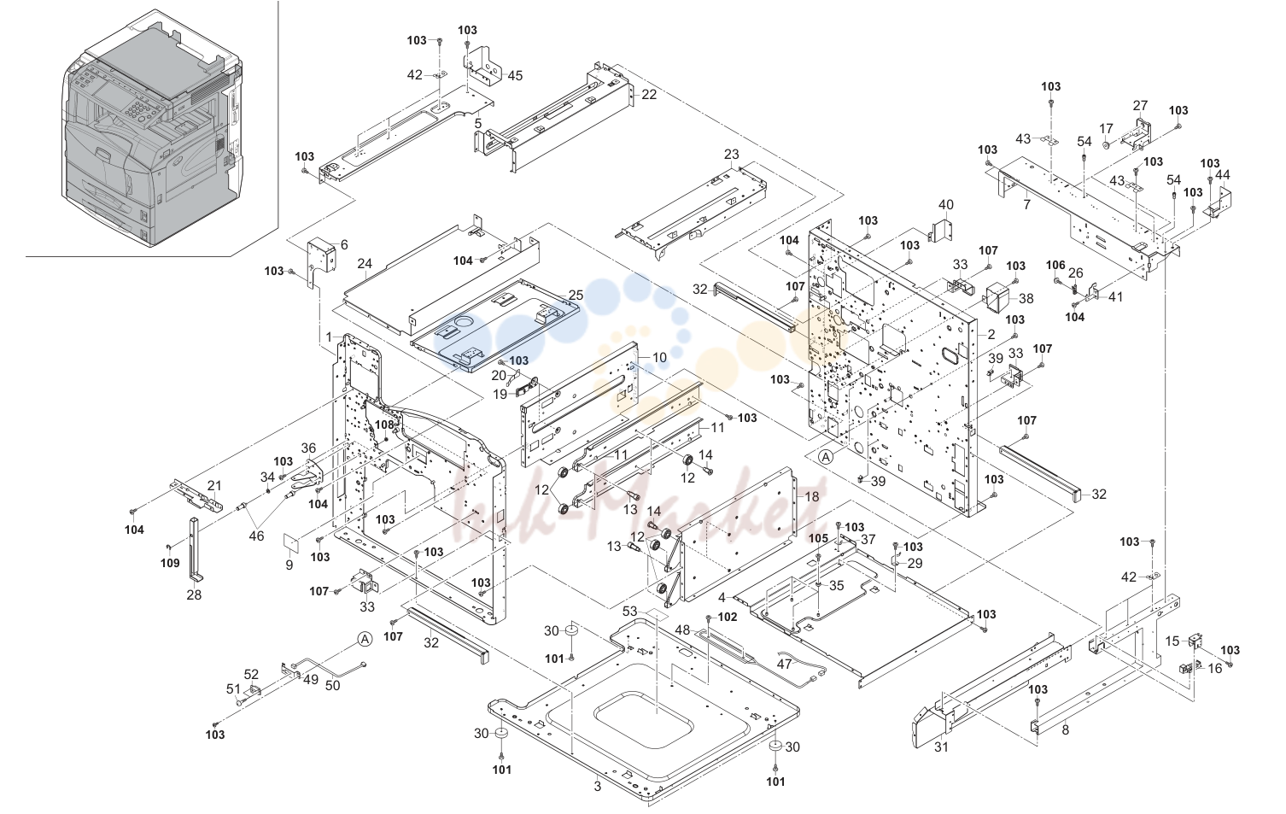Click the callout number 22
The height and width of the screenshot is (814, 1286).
click(x=649, y=94)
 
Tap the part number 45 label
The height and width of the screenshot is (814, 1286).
click(x=515, y=76)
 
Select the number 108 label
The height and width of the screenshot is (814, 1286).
click(x=384, y=425)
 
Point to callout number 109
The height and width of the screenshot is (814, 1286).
click(x=170, y=563)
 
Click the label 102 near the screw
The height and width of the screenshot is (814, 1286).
click(x=728, y=617)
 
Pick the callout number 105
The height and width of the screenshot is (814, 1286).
click(x=819, y=538)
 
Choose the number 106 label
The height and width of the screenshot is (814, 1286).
click(x=1055, y=265)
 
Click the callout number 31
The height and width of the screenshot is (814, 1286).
click(x=941, y=747)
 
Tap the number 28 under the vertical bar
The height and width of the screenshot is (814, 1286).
click(x=194, y=594)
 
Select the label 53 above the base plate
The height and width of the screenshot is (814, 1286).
click(x=630, y=612)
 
